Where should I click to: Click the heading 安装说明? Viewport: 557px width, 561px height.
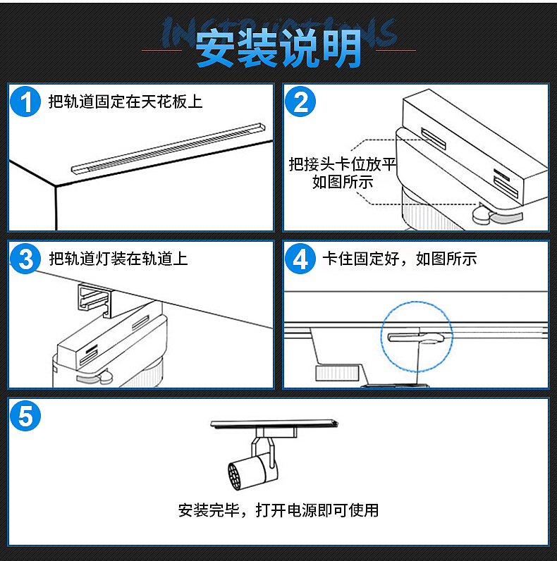click(278, 49)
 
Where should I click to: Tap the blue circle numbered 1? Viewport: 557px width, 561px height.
click(26, 102)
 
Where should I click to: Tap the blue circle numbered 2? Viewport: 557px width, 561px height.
click(301, 102)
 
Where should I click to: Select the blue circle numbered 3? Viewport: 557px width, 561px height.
click(26, 259)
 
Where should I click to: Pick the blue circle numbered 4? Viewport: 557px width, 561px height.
click(301, 259)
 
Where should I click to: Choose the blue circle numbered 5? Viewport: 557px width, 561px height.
click(26, 417)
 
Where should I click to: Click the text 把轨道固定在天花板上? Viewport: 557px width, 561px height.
click(126, 102)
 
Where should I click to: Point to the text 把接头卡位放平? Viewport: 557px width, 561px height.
click(343, 165)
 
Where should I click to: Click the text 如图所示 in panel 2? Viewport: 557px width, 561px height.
click(343, 183)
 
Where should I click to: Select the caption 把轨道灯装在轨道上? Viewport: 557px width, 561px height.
click(118, 259)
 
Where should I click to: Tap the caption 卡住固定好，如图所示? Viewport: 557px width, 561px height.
click(399, 259)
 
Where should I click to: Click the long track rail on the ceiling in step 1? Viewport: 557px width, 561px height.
click(169, 147)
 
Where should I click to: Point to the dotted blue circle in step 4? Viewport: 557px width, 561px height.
click(417, 337)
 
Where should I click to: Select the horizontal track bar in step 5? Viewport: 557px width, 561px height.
click(275, 424)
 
